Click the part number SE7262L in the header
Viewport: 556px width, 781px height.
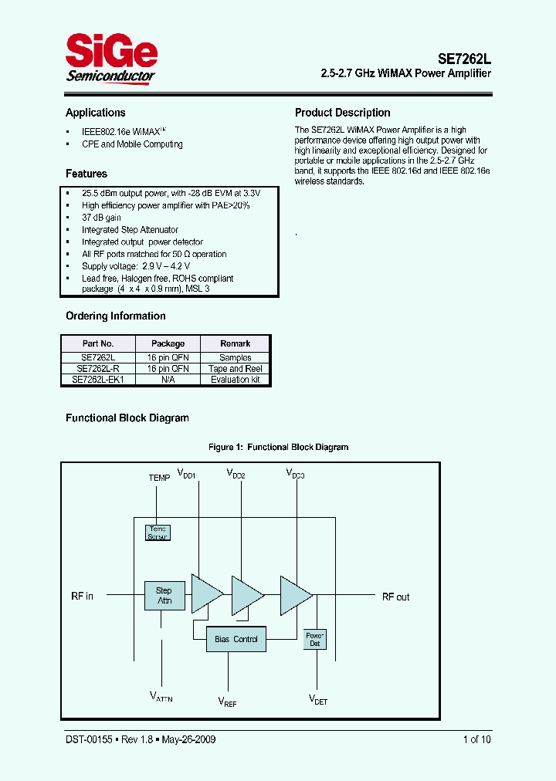coord(464,58)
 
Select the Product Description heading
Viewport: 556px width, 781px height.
coord(342,113)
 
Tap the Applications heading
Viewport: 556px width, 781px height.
coord(95,113)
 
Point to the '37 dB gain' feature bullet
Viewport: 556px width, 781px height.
coord(101,218)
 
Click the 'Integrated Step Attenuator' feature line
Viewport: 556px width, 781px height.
coord(130,230)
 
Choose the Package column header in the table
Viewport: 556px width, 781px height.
coord(168,343)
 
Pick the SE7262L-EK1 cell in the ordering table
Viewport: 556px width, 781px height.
coord(98,380)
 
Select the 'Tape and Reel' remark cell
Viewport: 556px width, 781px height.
coord(236,369)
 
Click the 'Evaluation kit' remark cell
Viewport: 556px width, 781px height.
coord(236,380)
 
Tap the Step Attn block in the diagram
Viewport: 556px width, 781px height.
coord(164,596)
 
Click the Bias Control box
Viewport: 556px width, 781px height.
coord(236,639)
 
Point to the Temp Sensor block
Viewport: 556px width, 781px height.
coord(158,532)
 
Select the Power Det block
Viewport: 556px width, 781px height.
coord(315,638)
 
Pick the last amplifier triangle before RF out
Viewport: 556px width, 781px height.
coord(295,595)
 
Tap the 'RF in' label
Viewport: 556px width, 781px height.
coord(82,597)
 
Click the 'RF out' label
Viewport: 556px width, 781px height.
coord(395,597)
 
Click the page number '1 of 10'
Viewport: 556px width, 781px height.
coord(476,739)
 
